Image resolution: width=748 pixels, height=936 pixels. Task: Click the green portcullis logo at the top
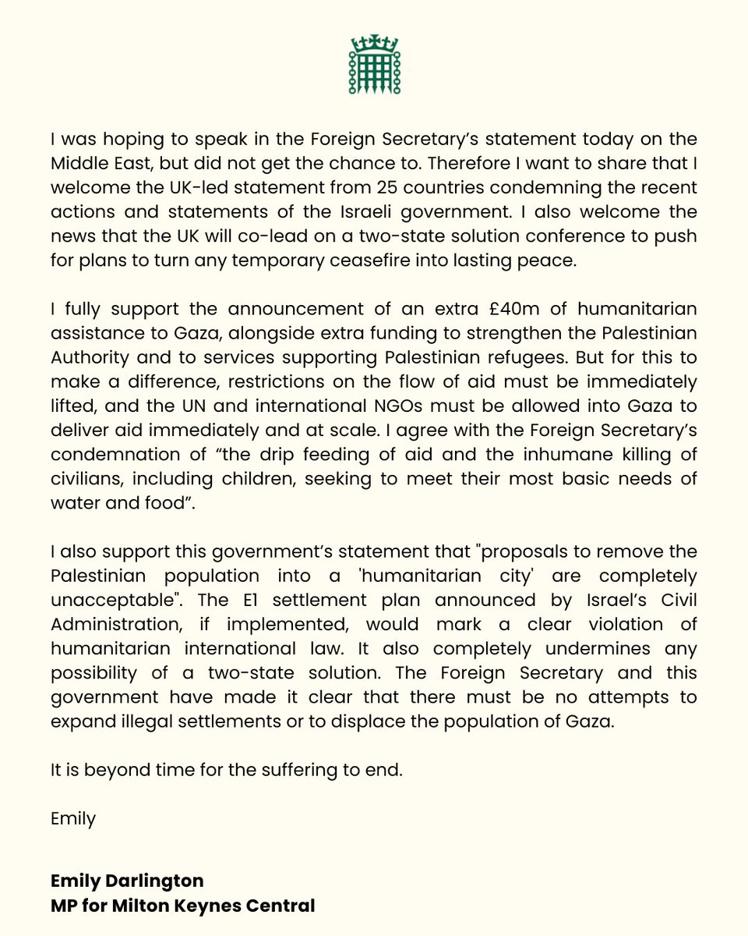[x=374, y=66]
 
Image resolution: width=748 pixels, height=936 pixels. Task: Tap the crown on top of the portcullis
[x=374, y=41]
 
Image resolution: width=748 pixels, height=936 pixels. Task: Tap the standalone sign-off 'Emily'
[x=72, y=820]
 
